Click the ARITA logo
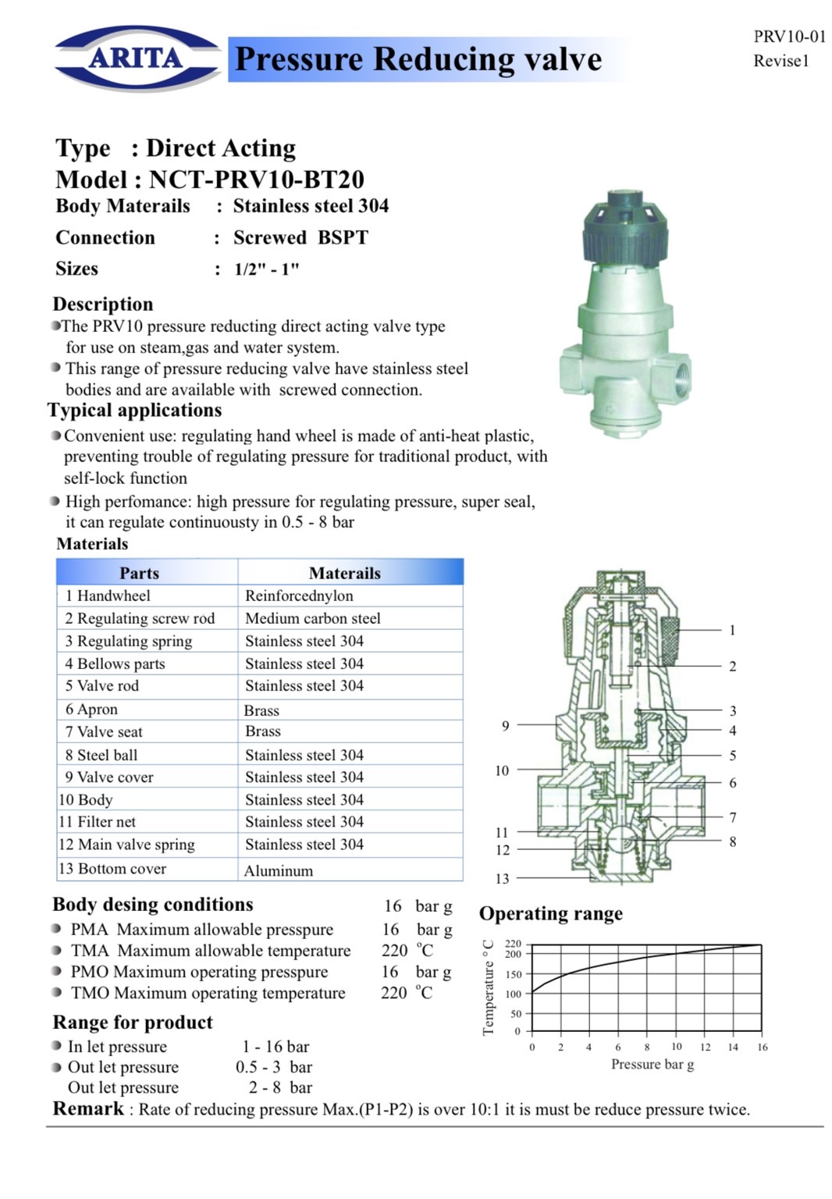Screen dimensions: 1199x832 [x=137, y=58]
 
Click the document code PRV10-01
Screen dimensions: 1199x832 [x=789, y=36]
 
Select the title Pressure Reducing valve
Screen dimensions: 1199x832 [x=418, y=59]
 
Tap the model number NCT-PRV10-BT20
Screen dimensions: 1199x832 [x=257, y=180]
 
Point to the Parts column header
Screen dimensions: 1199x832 [x=139, y=573]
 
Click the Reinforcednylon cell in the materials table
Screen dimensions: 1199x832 [x=299, y=596]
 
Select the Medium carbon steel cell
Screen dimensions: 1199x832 [x=312, y=618]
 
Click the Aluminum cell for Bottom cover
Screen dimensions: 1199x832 [x=279, y=870]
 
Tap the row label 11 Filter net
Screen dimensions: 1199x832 [x=97, y=822]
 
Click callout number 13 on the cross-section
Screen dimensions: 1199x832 [x=502, y=879]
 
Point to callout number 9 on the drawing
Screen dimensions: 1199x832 [x=505, y=726]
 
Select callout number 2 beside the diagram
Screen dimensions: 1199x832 [x=732, y=667]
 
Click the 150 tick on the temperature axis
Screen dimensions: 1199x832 [x=513, y=974]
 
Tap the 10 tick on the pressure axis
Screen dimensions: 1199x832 [x=676, y=1047]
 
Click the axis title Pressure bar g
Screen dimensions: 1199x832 [x=652, y=1064]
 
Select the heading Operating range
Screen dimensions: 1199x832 [x=550, y=913]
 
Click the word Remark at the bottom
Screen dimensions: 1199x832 [x=88, y=1108]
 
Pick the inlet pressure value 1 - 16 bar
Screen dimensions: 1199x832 [x=276, y=1046]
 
